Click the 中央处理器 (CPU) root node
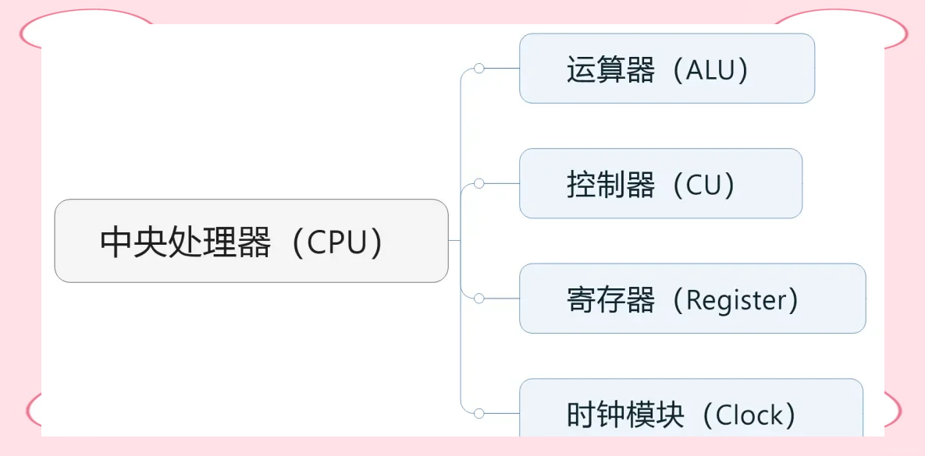[251, 241]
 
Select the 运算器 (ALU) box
[667, 69]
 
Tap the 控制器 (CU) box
[660, 184]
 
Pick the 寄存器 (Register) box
[692, 299]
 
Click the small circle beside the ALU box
[479, 69]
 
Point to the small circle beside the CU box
[479, 184]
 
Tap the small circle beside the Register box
[479, 299]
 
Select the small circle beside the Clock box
[479, 413]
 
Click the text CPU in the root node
[336, 242]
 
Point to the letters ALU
[710, 70]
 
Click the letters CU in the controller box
[704, 186]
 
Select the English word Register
[736, 301]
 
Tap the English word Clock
[749, 415]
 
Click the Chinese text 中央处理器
[185, 242]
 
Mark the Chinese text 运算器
[610, 70]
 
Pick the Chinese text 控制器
[610, 186]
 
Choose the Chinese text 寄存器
[610, 300]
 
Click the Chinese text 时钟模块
[625, 415]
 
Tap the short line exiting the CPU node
[454, 241]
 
